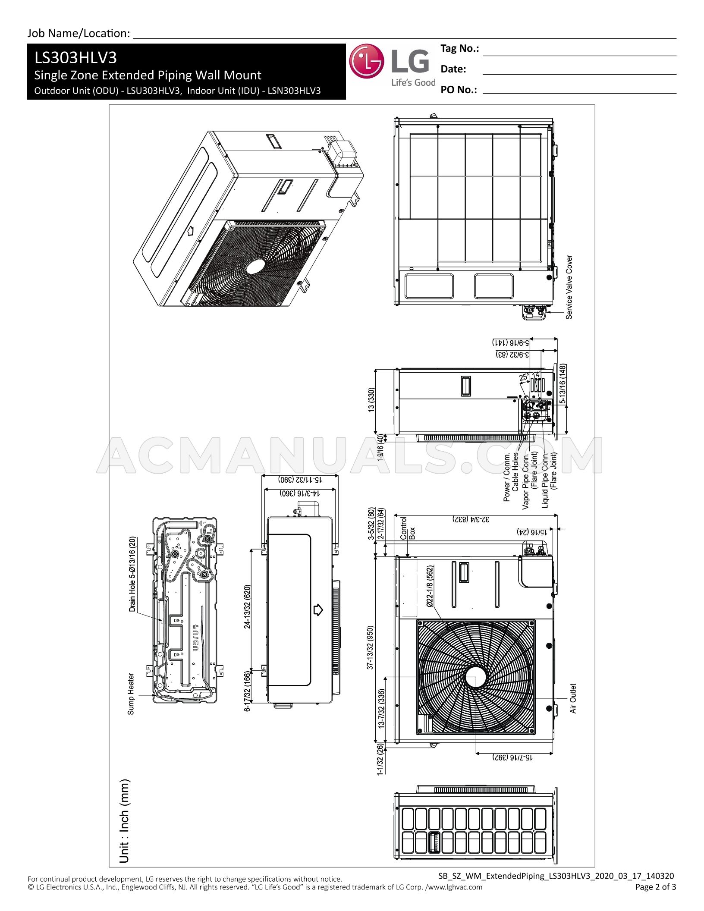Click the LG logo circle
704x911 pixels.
pyautogui.click(x=366, y=62)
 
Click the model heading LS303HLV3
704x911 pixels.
pyautogui.click(x=76, y=57)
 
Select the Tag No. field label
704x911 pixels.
pyautogui.click(x=460, y=49)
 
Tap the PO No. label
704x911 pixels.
pyautogui.click(x=459, y=90)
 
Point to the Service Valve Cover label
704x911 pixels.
pyautogui.click(x=569, y=287)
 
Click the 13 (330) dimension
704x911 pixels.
pyautogui.click(x=371, y=400)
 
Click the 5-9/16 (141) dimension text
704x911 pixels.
pyautogui.click(x=511, y=342)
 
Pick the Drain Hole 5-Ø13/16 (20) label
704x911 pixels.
pyautogui.click(x=132, y=574)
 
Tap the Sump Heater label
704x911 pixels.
pyautogui.click(x=131, y=694)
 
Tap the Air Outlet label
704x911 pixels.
pyautogui.click(x=573, y=698)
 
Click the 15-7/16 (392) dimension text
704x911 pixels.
pyautogui.click(x=512, y=757)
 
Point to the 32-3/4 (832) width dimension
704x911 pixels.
pyautogui.click(x=471, y=519)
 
